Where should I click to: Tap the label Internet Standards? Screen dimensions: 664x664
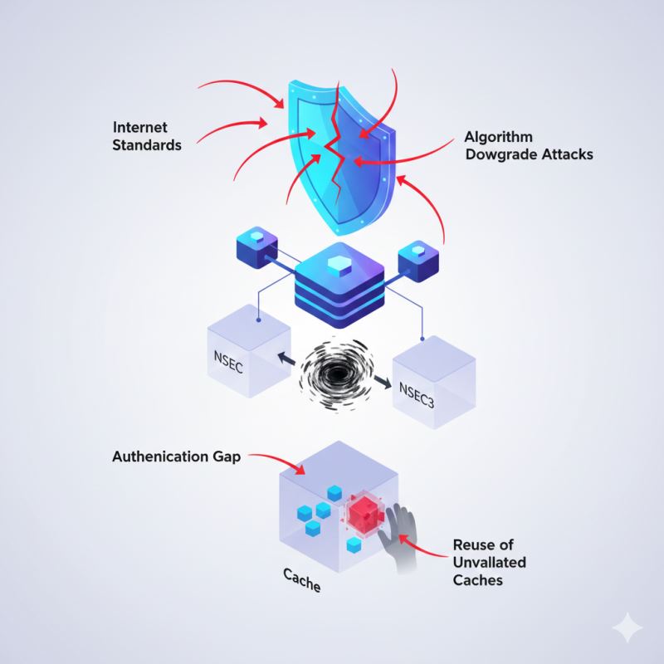(x=149, y=136)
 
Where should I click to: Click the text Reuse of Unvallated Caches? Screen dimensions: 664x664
(x=490, y=563)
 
